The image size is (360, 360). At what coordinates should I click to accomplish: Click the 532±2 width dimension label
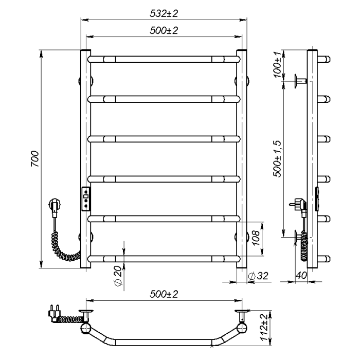pos(164,13)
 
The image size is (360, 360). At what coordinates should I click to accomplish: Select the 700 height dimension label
pos(35,158)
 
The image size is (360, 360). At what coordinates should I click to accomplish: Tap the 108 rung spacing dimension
pos(256,238)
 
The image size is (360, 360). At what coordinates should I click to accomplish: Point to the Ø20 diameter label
pos(117,276)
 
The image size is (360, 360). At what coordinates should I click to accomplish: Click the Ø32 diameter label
pos(258,276)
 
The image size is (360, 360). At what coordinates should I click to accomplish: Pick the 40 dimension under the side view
pos(301,275)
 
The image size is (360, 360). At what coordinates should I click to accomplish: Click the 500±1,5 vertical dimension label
pos(277,159)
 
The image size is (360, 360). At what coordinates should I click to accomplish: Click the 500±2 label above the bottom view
pos(164,294)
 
